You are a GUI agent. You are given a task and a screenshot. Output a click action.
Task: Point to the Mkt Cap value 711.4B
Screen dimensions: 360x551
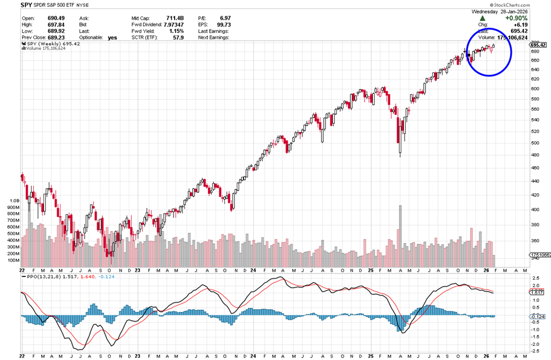(174, 18)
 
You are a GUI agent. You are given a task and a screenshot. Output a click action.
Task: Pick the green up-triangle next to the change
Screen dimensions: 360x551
(482, 18)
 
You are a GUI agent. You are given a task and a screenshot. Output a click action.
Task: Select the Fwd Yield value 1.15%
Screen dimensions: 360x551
(175, 31)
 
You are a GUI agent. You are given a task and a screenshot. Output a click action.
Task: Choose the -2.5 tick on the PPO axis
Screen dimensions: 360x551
(536, 351)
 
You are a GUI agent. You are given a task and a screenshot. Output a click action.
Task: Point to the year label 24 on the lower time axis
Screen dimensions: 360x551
(254, 270)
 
